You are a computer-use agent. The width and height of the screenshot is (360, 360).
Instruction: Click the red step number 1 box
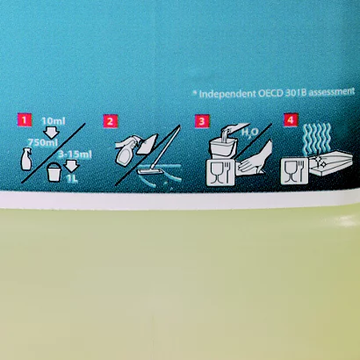[25, 119]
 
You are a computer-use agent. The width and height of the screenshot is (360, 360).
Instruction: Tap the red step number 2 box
[110, 121]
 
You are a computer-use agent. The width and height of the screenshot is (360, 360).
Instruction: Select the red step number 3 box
[202, 121]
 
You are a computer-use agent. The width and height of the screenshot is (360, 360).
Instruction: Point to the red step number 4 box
[291, 120]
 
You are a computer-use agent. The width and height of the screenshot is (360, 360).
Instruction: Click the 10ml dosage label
[54, 121]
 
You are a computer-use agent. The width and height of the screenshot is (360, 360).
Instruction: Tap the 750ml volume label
[43, 142]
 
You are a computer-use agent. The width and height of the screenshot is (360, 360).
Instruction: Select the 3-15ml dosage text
[75, 155]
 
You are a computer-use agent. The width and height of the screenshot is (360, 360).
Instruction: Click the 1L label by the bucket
[72, 179]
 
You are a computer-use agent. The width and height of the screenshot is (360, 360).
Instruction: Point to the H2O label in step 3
[249, 133]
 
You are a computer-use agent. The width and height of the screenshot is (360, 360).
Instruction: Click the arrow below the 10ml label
[52, 133]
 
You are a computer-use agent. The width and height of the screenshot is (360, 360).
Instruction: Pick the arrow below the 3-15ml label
[71, 166]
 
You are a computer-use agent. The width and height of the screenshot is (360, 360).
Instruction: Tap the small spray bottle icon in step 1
[26, 159]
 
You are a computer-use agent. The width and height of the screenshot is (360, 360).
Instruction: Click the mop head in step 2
[151, 171]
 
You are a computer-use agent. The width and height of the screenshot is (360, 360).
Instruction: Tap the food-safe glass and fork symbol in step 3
[220, 173]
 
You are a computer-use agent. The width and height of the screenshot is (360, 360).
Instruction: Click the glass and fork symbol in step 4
[294, 171]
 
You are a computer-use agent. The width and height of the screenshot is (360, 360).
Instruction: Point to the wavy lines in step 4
[318, 139]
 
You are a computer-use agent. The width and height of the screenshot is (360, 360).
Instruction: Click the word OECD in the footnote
[270, 94]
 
